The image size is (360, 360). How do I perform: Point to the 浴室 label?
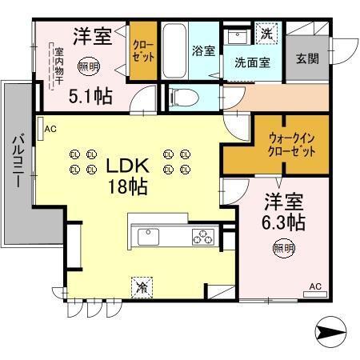coord(202,50)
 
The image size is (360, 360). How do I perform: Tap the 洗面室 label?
coord(250,62)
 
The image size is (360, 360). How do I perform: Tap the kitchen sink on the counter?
coord(150,238)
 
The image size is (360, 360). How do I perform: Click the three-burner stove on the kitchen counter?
coord(203,238)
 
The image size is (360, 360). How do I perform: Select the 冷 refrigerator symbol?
coord(141,285)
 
